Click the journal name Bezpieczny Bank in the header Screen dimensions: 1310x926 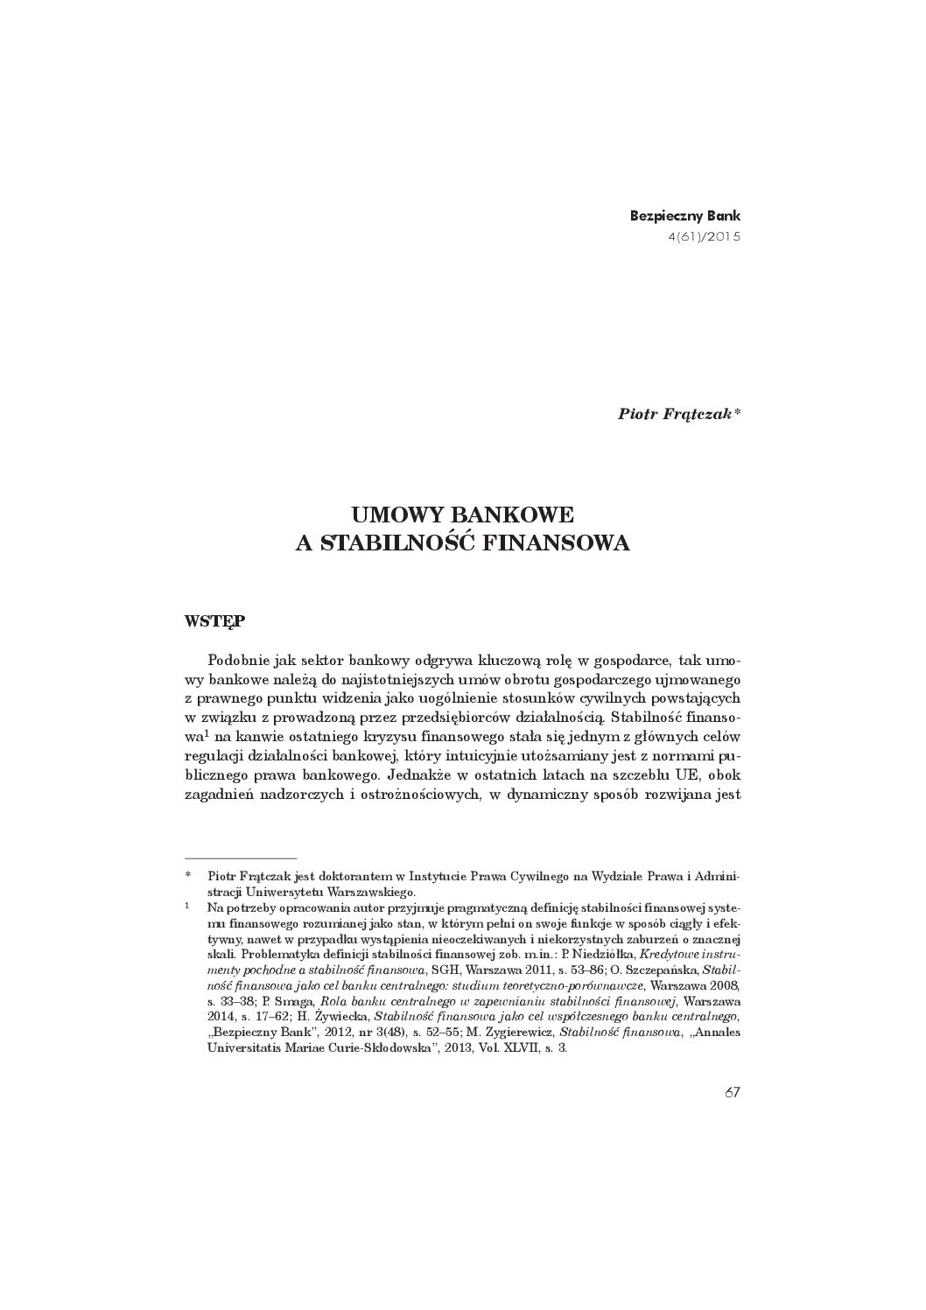click(x=685, y=215)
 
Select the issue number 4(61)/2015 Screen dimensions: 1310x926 click(x=704, y=236)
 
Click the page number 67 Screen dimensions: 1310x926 click(x=733, y=1092)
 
